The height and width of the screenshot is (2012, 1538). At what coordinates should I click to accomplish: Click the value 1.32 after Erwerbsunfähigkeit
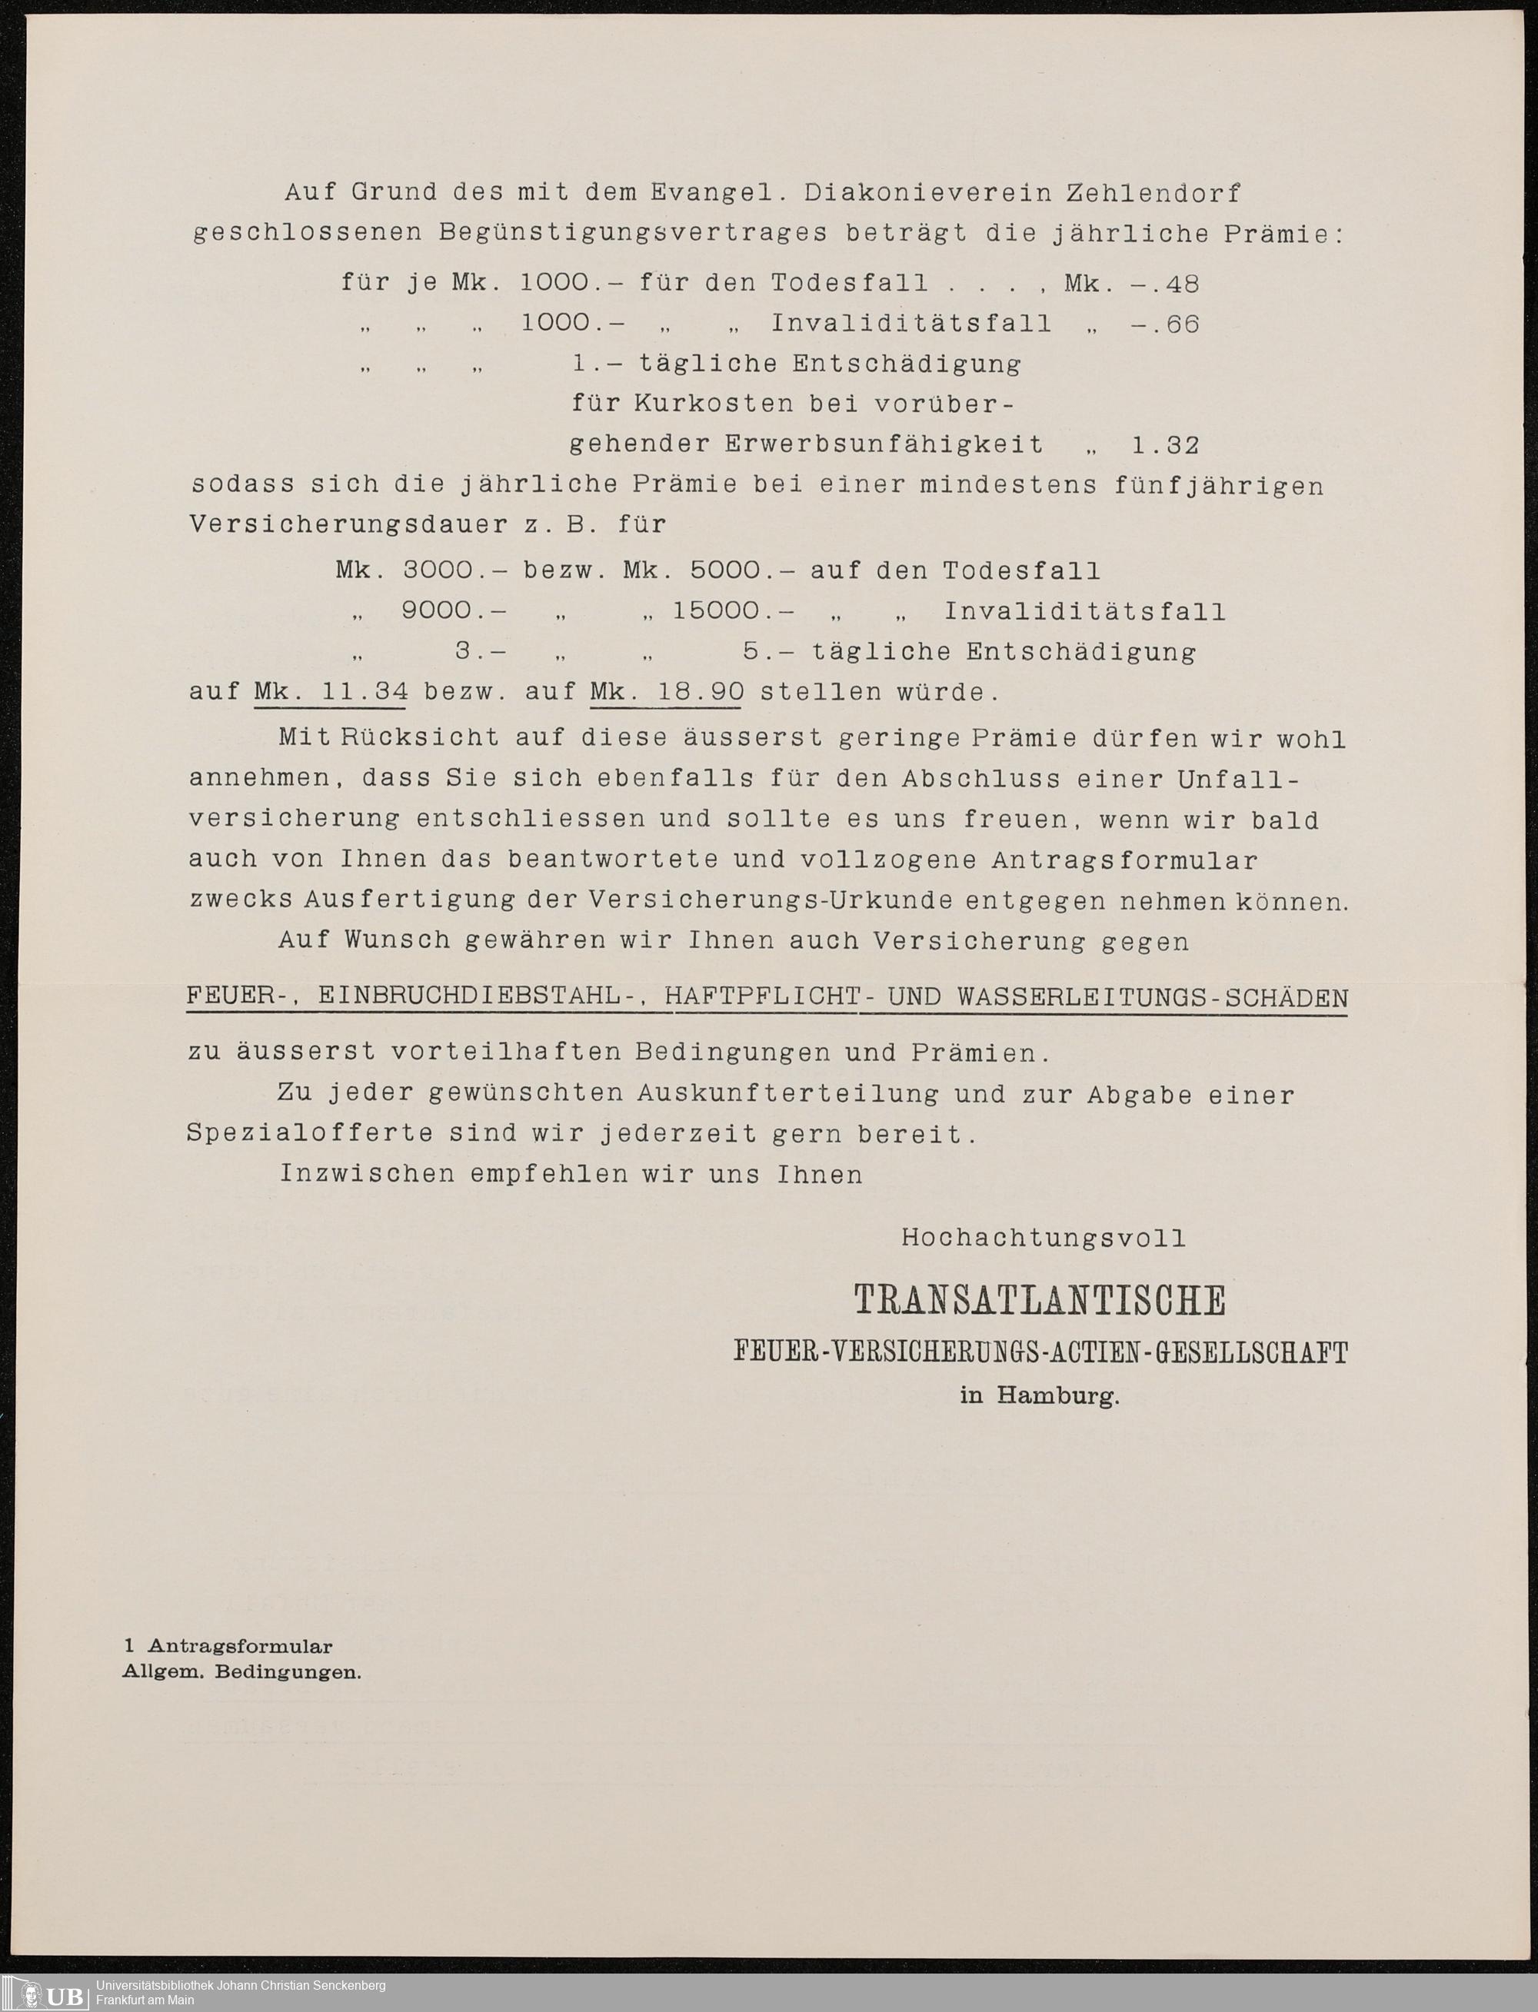coord(1164,446)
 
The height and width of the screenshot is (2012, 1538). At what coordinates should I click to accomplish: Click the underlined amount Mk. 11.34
coord(331,692)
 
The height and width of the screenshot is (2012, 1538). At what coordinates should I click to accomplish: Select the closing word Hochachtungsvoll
coord(1044,1239)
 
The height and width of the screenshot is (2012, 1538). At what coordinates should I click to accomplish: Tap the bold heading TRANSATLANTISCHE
coord(1039,1300)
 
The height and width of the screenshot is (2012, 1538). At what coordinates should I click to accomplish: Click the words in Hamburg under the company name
coord(1039,1397)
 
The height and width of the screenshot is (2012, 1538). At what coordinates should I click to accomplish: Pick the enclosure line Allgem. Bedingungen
coord(242,1672)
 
